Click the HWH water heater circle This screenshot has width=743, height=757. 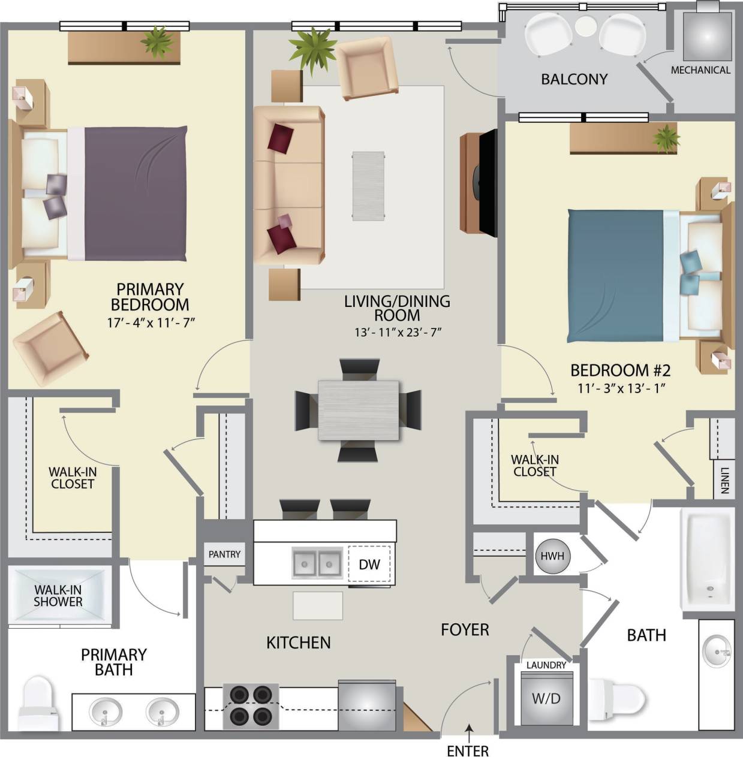tap(552, 556)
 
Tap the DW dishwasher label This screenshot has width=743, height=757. tap(369, 564)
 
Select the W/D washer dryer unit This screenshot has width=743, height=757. tap(546, 698)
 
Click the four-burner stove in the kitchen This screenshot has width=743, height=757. tap(251, 705)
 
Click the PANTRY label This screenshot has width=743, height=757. tap(224, 554)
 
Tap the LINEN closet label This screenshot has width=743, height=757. tap(724, 480)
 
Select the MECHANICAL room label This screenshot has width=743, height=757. tap(700, 70)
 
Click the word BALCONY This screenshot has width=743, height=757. tap(574, 79)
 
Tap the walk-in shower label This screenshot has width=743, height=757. tap(58, 595)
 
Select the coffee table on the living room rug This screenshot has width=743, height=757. tap(368, 186)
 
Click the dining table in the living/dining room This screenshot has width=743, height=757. tap(358, 411)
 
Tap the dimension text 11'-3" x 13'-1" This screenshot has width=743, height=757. tap(622, 388)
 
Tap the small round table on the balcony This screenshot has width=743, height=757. tap(585, 26)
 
